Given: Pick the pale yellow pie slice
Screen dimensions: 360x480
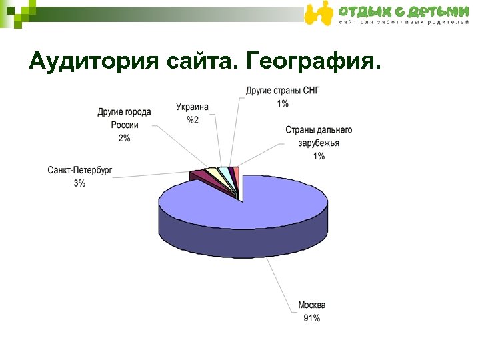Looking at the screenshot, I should click(213, 172).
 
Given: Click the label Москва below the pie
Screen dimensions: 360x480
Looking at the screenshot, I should click(311, 305).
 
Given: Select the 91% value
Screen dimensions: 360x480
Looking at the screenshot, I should click(311, 318).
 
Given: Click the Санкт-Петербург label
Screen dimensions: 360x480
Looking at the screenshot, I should click(80, 171).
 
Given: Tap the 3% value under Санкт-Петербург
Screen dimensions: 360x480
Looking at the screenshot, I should click(79, 183).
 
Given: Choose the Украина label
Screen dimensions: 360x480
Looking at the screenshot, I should click(192, 107).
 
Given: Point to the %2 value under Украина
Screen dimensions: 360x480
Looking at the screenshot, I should click(192, 119).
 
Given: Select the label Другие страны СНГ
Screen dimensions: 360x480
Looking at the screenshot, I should click(283, 90).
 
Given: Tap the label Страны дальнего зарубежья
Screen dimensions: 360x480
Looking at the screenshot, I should click(319, 136).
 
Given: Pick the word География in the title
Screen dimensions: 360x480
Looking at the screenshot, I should click(314, 61).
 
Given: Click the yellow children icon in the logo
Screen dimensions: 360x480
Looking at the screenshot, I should click(318, 13).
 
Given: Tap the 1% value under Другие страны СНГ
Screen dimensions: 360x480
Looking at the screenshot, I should click(283, 103).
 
